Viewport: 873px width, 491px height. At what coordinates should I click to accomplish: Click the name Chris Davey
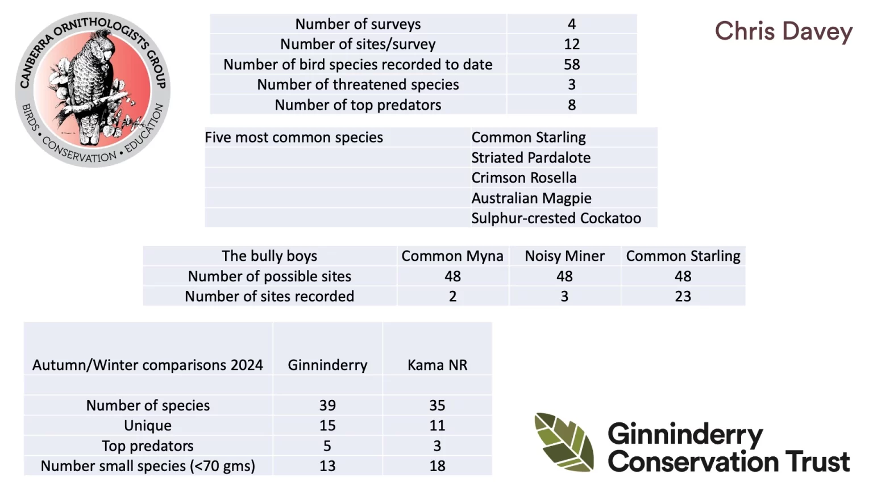pos(783,31)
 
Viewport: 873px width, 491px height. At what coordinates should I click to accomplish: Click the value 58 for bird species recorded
pos(571,64)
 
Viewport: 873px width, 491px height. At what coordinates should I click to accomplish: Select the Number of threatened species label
pos(357,85)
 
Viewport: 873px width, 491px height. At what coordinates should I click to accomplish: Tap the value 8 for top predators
pos(571,105)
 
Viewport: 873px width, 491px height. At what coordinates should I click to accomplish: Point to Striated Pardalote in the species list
pos(531,158)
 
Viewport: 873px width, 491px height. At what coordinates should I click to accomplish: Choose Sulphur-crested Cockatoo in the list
pos(556,218)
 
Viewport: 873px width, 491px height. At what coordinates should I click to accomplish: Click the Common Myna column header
pos(452,256)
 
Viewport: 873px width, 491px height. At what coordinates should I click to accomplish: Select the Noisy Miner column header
pos(564,256)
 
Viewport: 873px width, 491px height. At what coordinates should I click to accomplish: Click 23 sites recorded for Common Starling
pos(683,296)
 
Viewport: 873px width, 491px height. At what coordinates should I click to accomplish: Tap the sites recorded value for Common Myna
pos(452,296)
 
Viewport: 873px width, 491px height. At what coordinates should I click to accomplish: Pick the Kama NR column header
pos(437,365)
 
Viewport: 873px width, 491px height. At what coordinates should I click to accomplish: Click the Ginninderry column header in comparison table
pos(327,365)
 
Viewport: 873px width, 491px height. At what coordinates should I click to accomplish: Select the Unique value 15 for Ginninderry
pos(327,426)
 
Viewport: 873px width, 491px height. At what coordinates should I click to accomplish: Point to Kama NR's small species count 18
pos(437,466)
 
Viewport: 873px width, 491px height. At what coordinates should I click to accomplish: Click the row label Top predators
pos(148,446)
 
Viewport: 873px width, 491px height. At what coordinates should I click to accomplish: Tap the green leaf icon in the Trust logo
pos(564,442)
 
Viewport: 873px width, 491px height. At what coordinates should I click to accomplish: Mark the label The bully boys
pos(269,256)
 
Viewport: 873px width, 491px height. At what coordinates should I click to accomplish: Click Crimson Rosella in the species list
pos(523,178)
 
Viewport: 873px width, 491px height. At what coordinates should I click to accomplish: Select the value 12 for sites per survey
pos(571,44)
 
